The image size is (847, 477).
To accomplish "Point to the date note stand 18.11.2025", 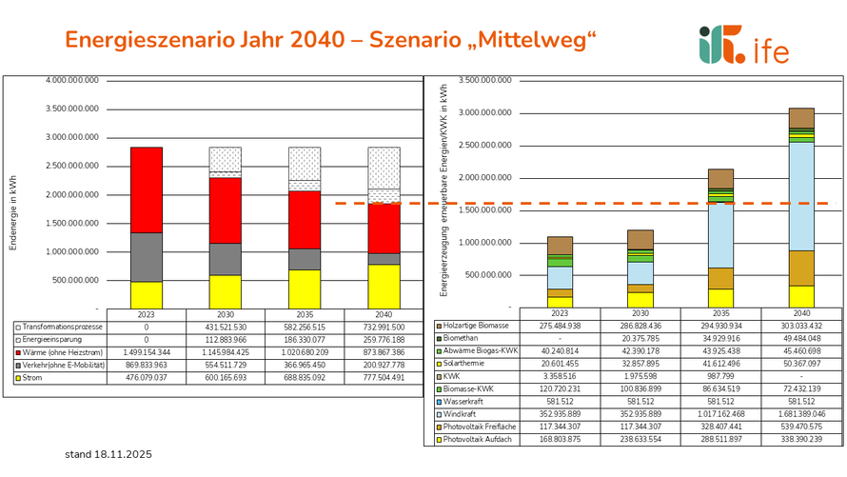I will point(108,455).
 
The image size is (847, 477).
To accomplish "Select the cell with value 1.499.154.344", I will point(147,352).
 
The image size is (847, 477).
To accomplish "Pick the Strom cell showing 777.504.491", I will point(384,379).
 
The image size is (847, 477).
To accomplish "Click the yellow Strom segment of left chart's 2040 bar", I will point(384,287).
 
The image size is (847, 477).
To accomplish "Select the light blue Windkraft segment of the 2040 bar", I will point(801,196).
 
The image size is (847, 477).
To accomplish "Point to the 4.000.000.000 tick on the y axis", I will point(72,80).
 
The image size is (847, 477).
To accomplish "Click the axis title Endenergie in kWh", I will point(13,195).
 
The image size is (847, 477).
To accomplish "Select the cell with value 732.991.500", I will point(384,327).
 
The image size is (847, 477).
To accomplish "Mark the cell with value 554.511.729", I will point(226,366).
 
